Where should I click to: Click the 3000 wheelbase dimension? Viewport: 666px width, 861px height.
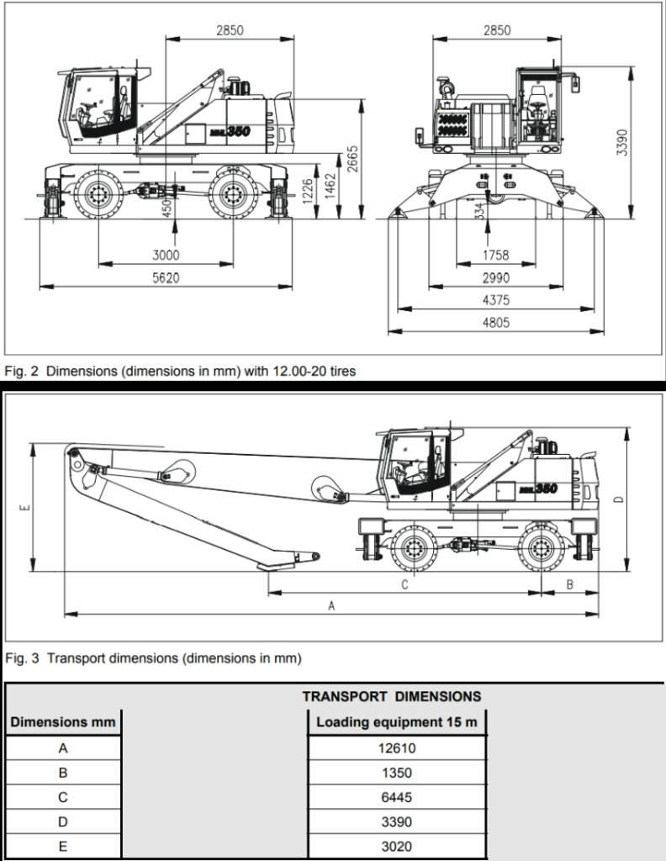pyautogui.click(x=166, y=255)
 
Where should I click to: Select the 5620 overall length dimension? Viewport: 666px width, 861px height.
pyautogui.click(x=166, y=277)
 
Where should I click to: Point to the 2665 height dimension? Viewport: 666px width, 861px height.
pyautogui.click(x=353, y=159)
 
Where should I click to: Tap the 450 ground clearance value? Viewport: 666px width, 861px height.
pyautogui.click(x=166, y=206)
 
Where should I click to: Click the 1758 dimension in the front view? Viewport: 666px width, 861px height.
pyautogui.click(x=496, y=255)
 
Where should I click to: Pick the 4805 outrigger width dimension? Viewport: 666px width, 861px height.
pyautogui.click(x=496, y=322)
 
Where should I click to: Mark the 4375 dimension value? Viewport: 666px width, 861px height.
pyautogui.click(x=496, y=300)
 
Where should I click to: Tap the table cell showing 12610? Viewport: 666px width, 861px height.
pyautogui.click(x=397, y=747)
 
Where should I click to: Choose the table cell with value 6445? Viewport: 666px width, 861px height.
pyautogui.click(x=397, y=797)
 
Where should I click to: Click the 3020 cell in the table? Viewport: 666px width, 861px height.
pyautogui.click(x=397, y=847)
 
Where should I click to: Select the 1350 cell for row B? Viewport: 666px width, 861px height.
pyautogui.click(x=397, y=773)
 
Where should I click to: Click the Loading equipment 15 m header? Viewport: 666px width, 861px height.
pyautogui.click(x=397, y=721)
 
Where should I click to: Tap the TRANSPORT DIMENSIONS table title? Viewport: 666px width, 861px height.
pyautogui.click(x=392, y=696)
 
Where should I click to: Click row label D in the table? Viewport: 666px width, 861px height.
pyautogui.click(x=63, y=821)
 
